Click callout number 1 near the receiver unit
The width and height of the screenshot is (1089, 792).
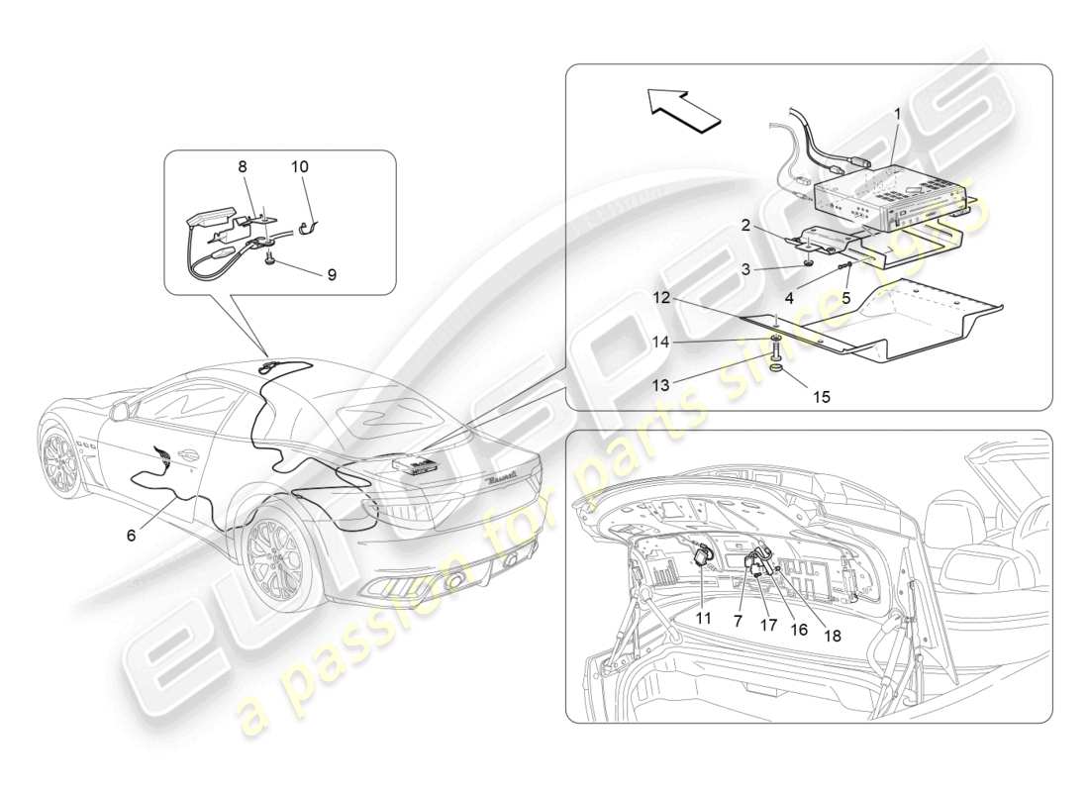897,114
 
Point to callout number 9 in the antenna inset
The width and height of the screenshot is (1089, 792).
332,274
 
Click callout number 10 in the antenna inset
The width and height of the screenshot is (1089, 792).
300,166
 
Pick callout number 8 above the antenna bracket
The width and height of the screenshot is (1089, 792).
242,167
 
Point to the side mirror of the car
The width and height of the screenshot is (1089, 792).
121,409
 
